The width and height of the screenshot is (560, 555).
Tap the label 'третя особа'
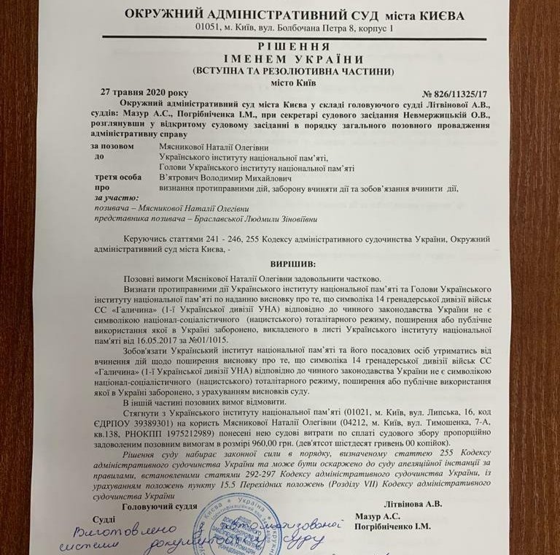click(118, 177)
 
